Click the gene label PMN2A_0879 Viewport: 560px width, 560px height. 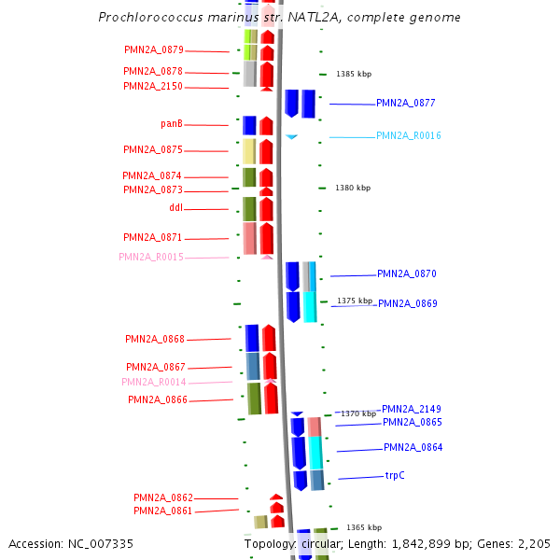pyautogui.click(x=154, y=49)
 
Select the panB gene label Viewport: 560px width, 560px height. pyautogui.click(x=172, y=123)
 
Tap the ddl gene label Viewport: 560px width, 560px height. pyautogui.click(x=176, y=207)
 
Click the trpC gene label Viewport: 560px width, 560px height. pyautogui.click(x=395, y=475)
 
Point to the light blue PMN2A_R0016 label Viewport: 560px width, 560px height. pyautogui.click(x=408, y=135)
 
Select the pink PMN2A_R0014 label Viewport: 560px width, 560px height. pyautogui.click(x=153, y=382)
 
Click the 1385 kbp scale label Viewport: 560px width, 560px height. pyautogui.click(x=353, y=74)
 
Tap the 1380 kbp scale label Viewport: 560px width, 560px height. pyautogui.click(x=353, y=188)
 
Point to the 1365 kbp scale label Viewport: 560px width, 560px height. pyautogui.click(x=364, y=527)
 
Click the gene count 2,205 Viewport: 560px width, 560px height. pyautogui.click(x=532, y=543)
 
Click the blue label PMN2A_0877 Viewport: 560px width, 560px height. pyautogui.click(x=406, y=103)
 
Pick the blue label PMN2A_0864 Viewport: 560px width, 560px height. pyautogui.click(x=413, y=447)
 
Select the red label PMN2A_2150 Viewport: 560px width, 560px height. pyautogui.click(x=153, y=86)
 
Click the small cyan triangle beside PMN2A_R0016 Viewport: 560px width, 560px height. pyautogui.click(x=291, y=137)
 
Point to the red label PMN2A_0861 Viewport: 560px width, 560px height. pyautogui.click(x=162, y=511)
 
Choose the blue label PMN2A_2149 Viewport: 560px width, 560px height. pyautogui.click(x=412, y=409)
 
